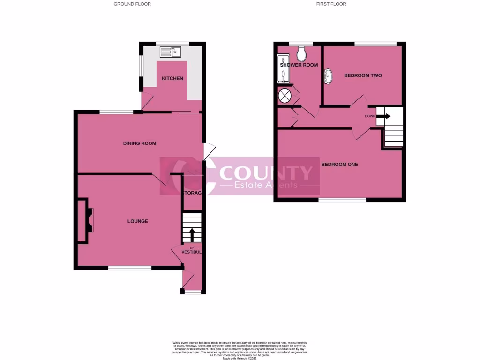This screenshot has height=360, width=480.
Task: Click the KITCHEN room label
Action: (x=172, y=78)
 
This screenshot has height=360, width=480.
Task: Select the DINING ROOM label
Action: (x=140, y=143)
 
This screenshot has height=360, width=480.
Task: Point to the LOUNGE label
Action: (x=138, y=221)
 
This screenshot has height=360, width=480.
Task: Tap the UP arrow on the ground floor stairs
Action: (x=192, y=234)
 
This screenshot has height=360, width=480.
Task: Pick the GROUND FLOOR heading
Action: (x=132, y=4)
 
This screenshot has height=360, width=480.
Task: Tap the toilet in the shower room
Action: (x=301, y=53)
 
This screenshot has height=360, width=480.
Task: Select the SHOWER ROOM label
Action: (x=299, y=65)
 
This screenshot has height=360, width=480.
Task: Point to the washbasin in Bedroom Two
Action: (x=328, y=76)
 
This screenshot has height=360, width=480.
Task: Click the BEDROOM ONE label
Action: (x=339, y=165)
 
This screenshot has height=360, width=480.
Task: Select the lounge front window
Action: (x=130, y=268)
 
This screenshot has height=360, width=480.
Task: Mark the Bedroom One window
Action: (x=342, y=200)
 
